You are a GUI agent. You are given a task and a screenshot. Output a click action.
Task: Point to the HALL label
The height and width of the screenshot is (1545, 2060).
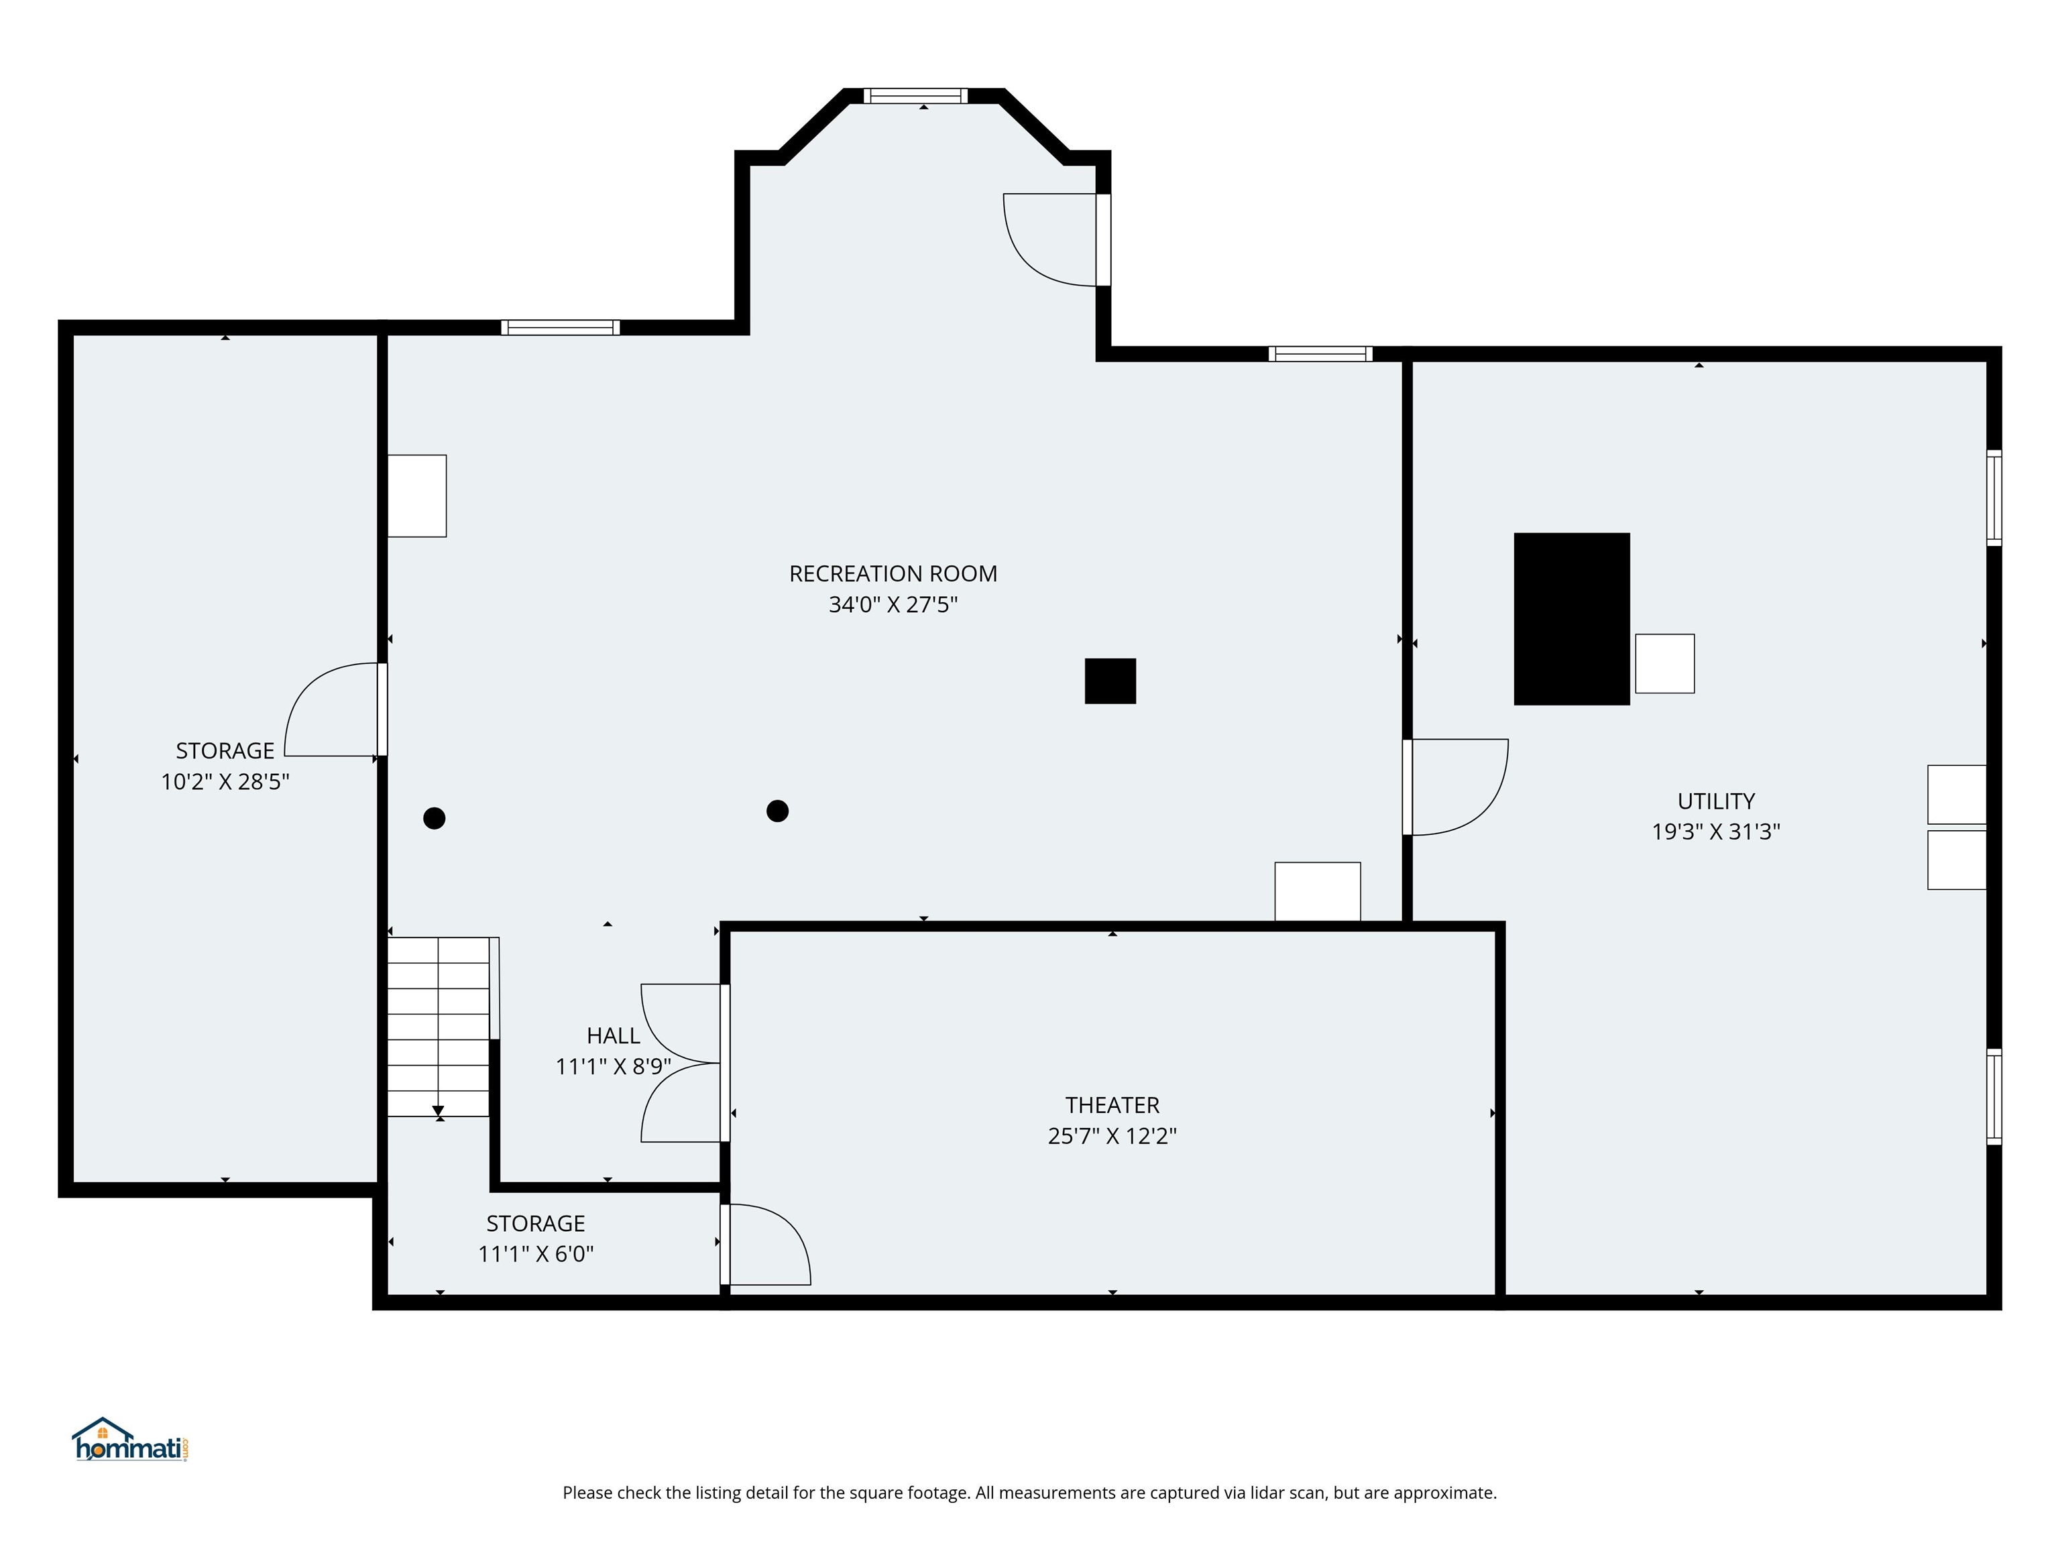coord(613,1035)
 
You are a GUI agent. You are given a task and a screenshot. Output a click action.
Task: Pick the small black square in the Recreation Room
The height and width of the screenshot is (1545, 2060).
coord(1110,681)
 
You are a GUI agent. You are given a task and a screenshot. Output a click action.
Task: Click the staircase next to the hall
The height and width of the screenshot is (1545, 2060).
coord(438,1026)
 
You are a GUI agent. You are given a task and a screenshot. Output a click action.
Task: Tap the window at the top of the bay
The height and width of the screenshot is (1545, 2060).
coord(915,96)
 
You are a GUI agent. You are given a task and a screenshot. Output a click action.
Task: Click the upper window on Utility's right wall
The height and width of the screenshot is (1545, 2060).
coord(1994,498)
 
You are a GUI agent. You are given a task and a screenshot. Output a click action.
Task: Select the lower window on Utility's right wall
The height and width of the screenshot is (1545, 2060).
coord(1994,1096)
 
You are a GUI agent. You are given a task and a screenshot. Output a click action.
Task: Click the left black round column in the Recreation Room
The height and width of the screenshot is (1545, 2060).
coord(434,819)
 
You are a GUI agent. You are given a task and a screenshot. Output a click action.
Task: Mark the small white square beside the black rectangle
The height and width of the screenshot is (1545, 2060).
coord(1664,663)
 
